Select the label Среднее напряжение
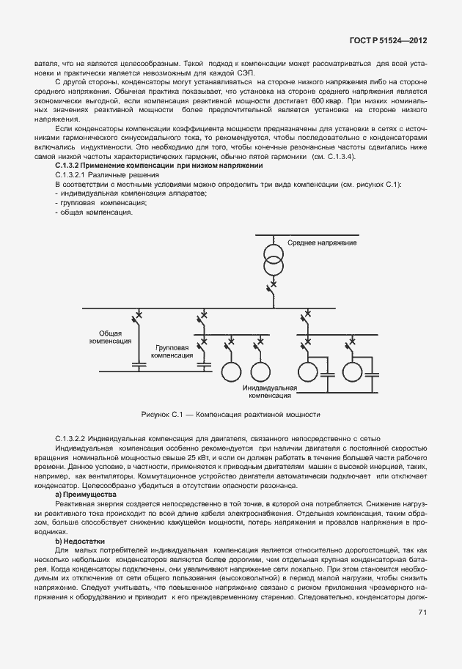pyautogui.click(x=322, y=243)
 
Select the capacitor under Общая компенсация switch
pyautogui.click(x=137, y=363)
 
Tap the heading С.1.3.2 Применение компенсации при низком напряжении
pyautogui.click(x=149, y=166)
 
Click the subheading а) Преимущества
pyautogui.click(x=78, y=496)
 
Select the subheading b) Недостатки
pyautogui.click(x=76, y=541)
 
